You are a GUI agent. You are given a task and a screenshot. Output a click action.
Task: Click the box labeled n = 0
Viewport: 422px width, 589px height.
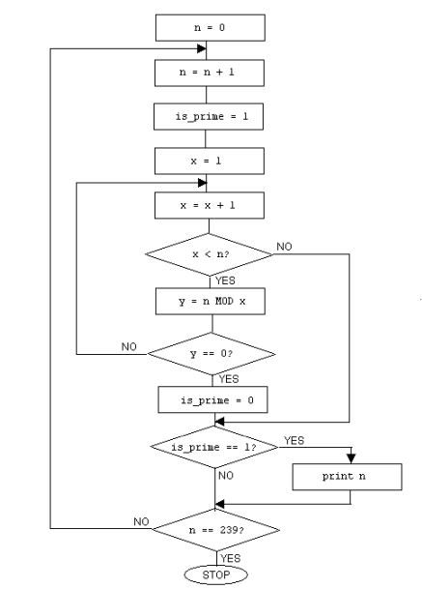[x=211, y=28]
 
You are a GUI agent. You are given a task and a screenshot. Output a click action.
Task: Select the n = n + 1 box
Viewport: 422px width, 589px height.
[x=211, y=72]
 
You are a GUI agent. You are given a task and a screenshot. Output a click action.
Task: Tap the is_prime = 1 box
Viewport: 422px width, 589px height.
[x=211, y=116]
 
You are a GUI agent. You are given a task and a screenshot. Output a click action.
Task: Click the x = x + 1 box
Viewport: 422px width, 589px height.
[x=211, y=205]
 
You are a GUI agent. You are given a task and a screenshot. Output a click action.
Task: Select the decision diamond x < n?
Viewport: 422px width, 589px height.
[x=210, y=254]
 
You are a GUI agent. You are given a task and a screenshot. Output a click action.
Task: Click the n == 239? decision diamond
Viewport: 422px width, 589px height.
[x=215, y=530]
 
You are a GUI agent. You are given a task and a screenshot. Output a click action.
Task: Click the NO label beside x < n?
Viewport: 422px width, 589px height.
[x=284, y=248]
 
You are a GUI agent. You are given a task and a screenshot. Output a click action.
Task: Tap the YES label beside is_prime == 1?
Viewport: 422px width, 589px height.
[x=294, y=440]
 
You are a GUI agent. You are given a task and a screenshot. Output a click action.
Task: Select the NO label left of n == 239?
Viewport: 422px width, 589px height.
[x=143, y=522]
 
